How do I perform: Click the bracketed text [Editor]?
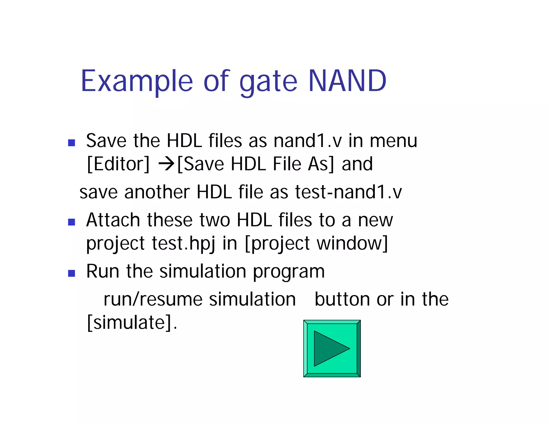coord(118,164)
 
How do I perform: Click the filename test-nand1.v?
coord(348,192)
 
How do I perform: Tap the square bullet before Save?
coord(72,143)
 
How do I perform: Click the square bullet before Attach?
coord(72,222)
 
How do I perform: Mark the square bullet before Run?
coord(72,273)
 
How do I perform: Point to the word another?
coord(157,192)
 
